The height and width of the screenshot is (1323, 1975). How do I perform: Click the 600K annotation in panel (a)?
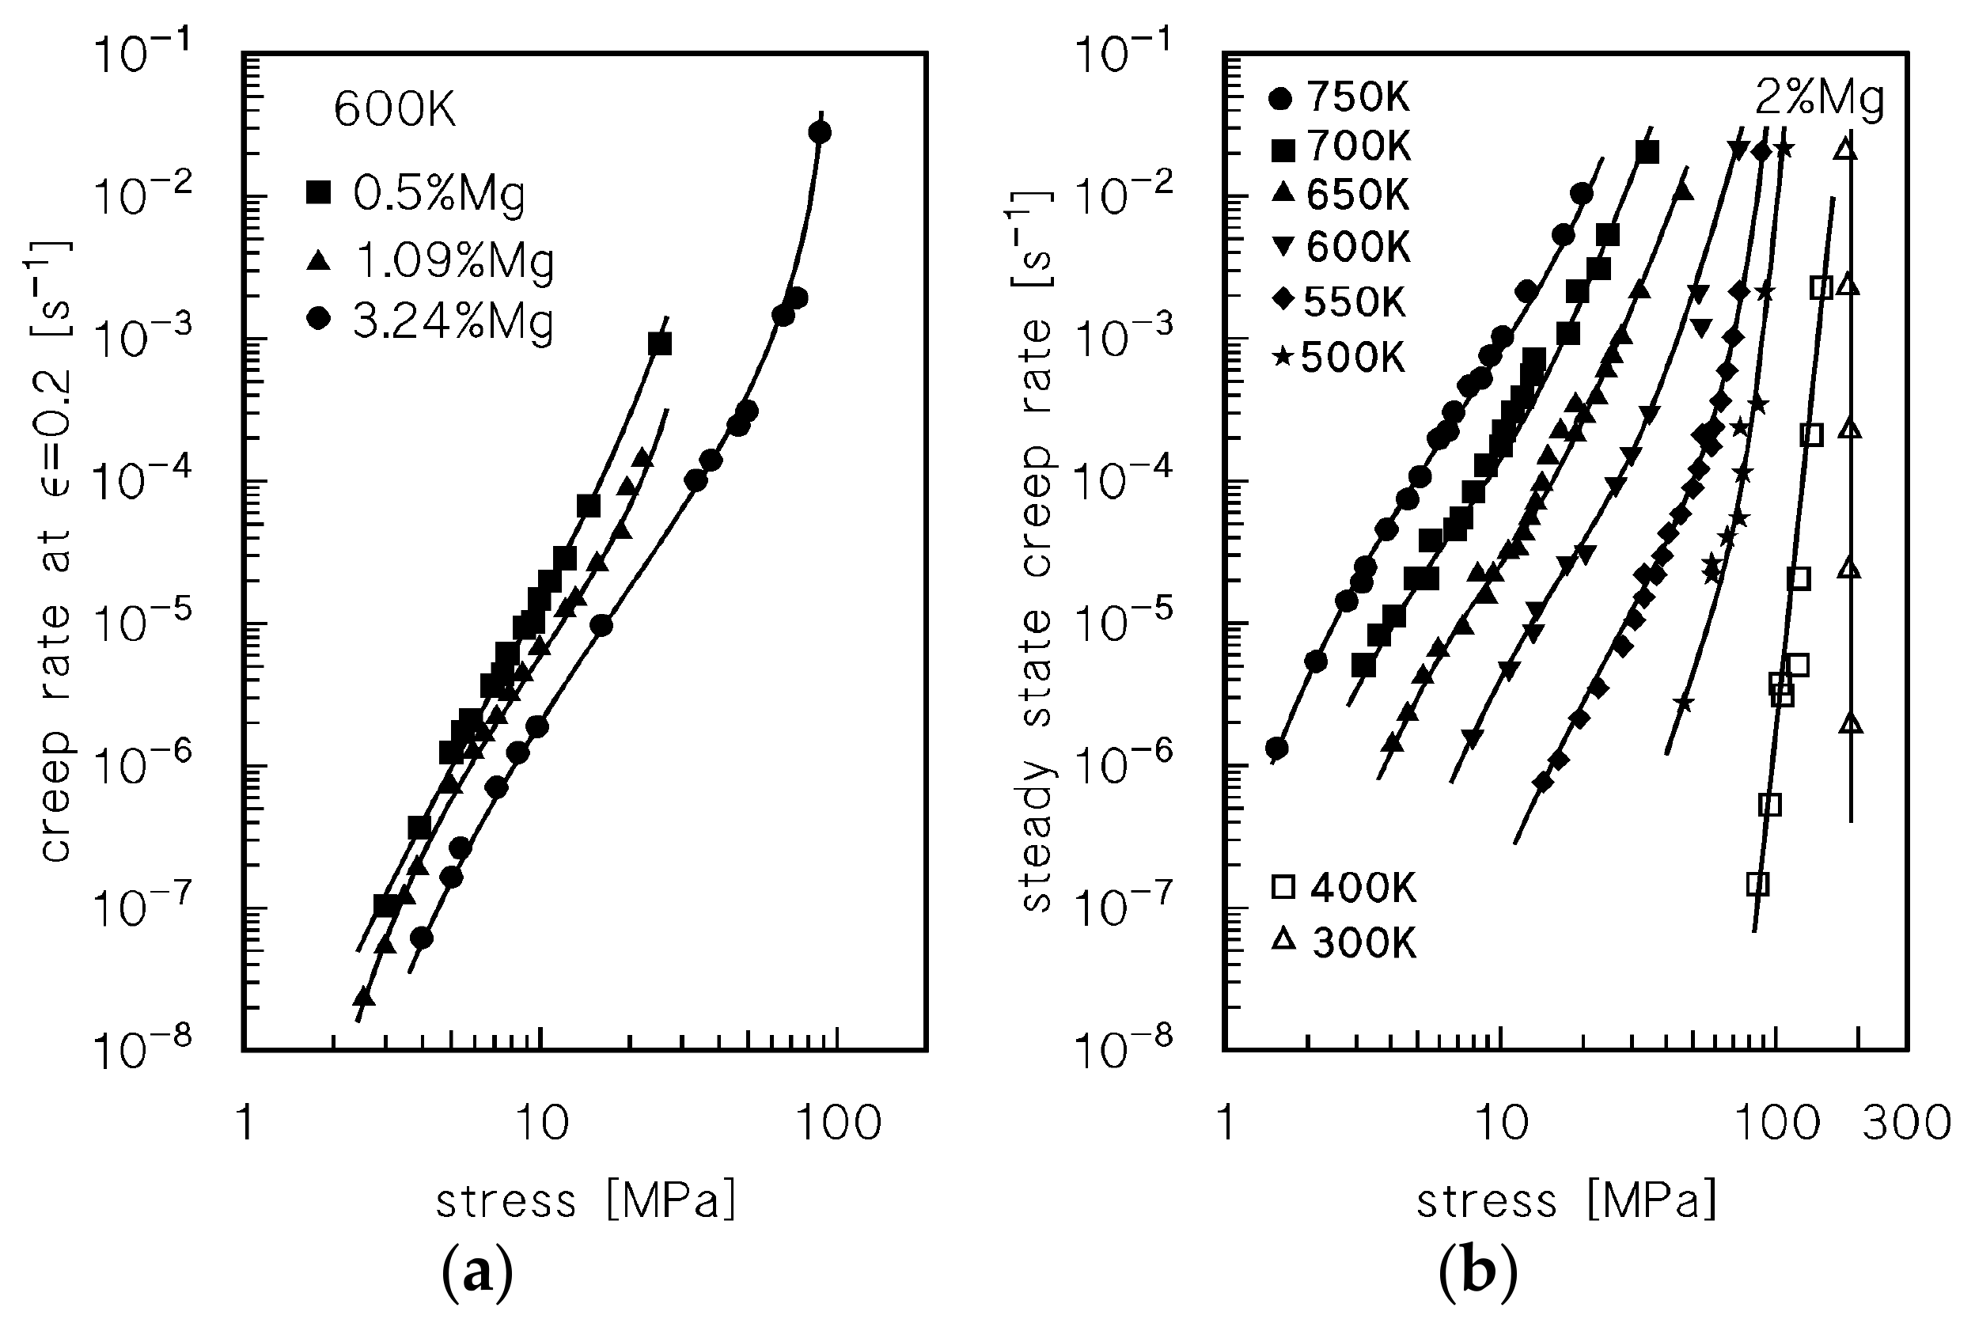(395, 111)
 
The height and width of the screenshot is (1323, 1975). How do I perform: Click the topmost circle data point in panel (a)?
(819, 132)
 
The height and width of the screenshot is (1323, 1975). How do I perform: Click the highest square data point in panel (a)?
(660, 343)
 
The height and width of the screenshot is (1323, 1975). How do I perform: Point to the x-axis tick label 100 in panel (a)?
(840, 1124)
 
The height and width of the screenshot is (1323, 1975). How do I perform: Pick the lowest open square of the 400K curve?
(1757, 883)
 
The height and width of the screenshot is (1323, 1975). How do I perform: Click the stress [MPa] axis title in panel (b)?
(1566, 1200)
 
